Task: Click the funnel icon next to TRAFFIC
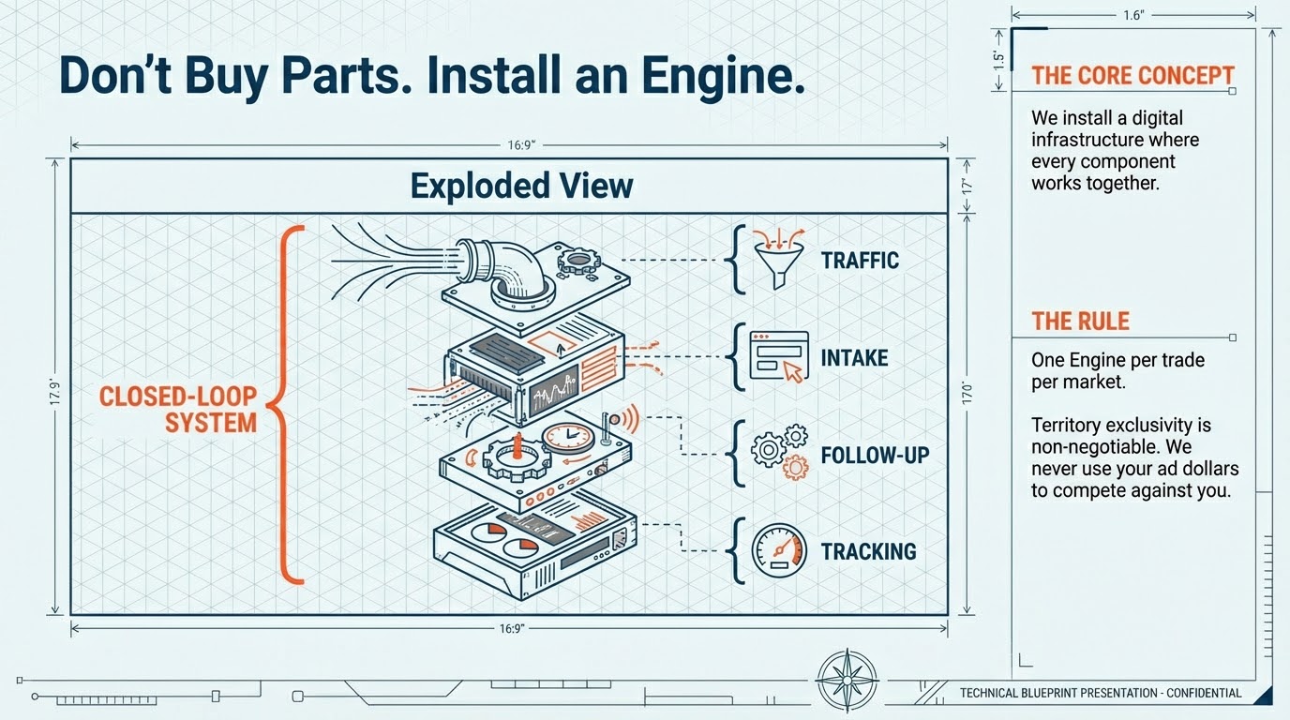780,260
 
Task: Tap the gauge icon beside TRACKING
780,550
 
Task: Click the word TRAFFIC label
860,261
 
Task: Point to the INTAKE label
854,358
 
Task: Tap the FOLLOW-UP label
875,456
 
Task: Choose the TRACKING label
868,551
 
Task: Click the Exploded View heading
521,186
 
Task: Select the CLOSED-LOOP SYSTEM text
178,409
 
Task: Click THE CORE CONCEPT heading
1132,76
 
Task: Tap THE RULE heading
1080,322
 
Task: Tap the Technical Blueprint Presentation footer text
1101,694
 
